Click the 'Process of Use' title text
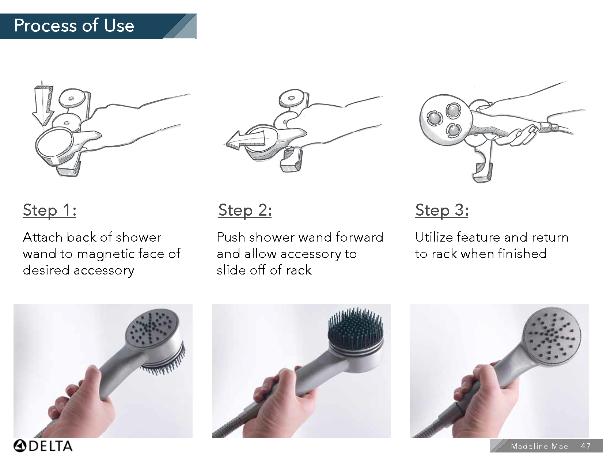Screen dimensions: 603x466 pyautogui.click(x=74, y=26)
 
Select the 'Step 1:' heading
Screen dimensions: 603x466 pyautogui.click(x=49, y=210)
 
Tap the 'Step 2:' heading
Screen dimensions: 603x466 pyautogui.click(x=245, y=210)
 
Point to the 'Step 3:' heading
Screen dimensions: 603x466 pyautogui.click(x=441, y=210)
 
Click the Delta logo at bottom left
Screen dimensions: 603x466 pyautogui.click(x=43, y=446)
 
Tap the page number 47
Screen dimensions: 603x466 pyautogui.click(x=585, y=446)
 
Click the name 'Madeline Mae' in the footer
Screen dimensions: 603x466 pyautogui.click(x=539, y=446)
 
